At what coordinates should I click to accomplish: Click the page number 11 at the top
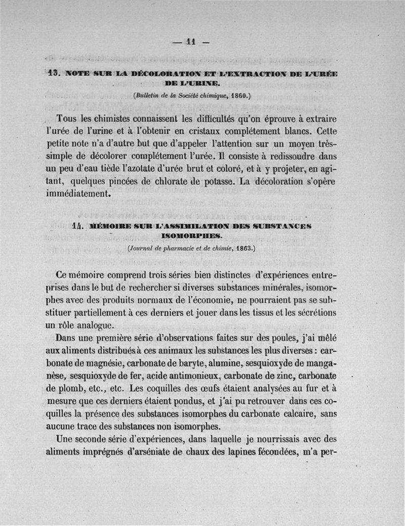coord(191,42)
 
